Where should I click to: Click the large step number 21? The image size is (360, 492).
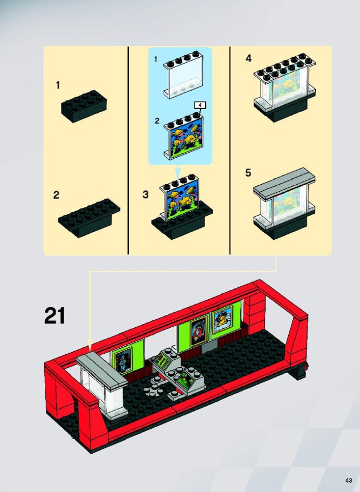pos(55,315)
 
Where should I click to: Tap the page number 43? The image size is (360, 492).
pos(349,481)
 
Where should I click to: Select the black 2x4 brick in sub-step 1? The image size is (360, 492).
pos(84,105)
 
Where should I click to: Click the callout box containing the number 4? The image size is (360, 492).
pos(200,105)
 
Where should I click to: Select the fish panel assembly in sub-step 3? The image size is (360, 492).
pos(182,207)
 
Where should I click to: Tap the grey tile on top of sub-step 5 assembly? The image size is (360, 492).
pos(284,184)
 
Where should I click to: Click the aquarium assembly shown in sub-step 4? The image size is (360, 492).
pos(284,87)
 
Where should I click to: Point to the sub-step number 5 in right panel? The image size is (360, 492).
pos(248,173)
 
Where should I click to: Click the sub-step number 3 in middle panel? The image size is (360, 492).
pos(145,194)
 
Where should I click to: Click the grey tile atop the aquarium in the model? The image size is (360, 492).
pos(101,369)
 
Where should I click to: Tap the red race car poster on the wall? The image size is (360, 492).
pos(199,330)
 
